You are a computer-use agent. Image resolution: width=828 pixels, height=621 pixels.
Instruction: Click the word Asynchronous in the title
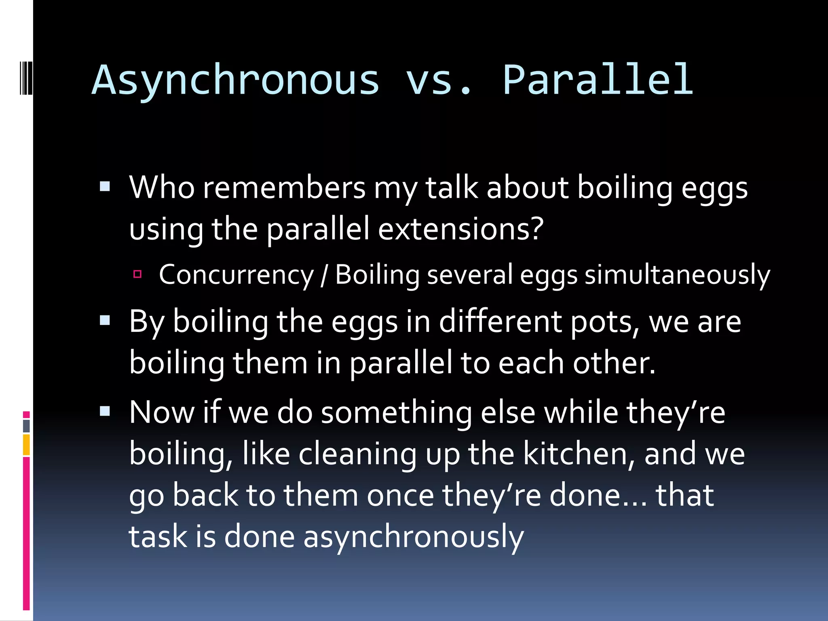click(236, 81)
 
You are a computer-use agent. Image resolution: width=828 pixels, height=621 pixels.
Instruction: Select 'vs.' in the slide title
click(439, 81)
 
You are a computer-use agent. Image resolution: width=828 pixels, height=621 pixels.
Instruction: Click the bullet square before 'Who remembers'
click(105, 186)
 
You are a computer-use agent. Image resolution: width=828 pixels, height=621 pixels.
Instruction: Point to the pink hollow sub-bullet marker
click(137, 275)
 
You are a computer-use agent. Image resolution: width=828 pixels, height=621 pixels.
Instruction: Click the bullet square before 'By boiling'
click(105, 321)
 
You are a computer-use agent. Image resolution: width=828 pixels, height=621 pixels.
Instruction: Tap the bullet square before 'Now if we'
click(105, 412)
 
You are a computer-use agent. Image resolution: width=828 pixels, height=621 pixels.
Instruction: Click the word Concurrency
click(236, 275)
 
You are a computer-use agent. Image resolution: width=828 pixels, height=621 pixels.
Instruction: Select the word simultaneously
click(677, 275)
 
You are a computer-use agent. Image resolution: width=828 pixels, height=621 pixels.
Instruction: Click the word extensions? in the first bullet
click(461, 229)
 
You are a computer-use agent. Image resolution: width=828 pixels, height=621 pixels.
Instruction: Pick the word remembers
click(284, 188)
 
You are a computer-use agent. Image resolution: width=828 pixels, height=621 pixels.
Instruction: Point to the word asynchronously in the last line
click(413, 537)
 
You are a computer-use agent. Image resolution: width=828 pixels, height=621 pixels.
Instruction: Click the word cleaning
click(357, 454)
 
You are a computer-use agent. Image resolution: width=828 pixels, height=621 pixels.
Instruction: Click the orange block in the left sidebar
click(26, 445)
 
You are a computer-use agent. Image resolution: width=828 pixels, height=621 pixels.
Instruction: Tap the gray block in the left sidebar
click(26, 426)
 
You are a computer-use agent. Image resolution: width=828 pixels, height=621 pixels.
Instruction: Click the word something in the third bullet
click(396, 413)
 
